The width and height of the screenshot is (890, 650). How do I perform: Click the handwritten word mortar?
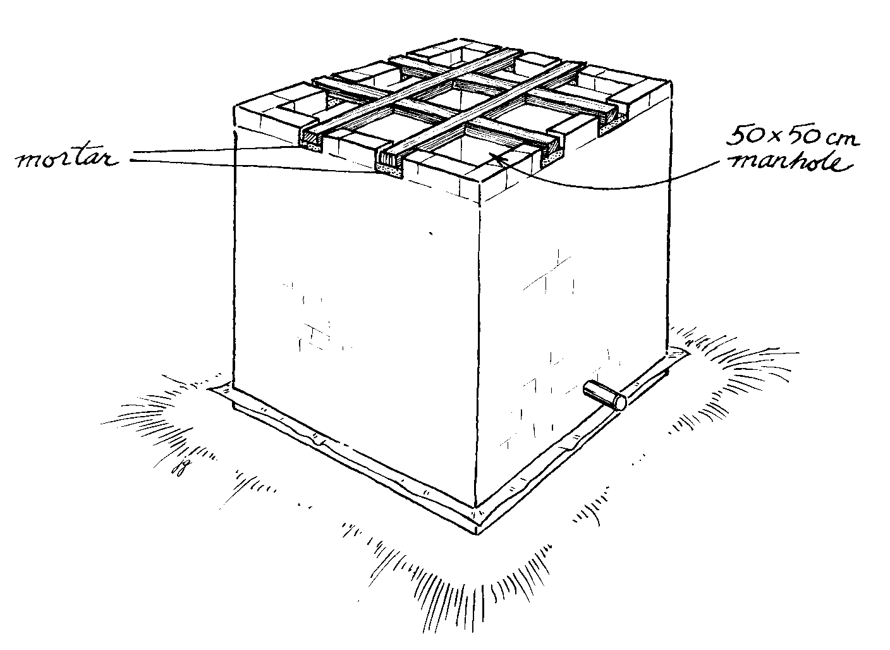tap(67, 159)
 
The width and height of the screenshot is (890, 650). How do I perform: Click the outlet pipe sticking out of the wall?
tap(604, 396)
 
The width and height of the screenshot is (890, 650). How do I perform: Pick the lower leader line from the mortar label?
tap(254, 166)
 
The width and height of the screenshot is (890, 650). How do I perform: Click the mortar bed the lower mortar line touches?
tap(390, 171)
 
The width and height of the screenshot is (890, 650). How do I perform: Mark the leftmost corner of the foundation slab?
tap(208, 389)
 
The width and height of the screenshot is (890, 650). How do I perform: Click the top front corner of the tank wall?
tap(481, 182)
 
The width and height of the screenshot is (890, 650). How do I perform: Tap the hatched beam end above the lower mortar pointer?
tap(390, 159)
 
